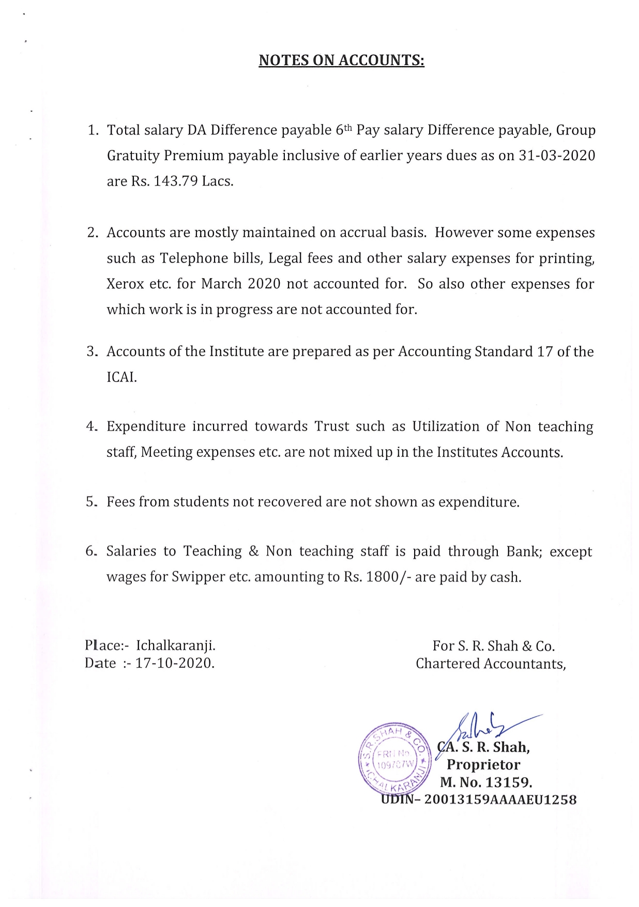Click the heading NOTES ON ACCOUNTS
pyautogui.click(x=341, y=60)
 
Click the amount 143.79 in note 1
pyautogui.click(x=176, y=181)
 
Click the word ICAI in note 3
pyautogui.click(x=121, y=377)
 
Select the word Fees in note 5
pyautogui.click(x=120, y=502)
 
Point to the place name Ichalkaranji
pyautogui.click(x=176, y=645)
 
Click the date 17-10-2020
pyautogui.click(x=175, y=663)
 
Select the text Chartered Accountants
pyautogui.click(x=491, y=664)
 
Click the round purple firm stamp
pyautogui.click(x=394, y=758)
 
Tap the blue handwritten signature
pyautogui.click(x=486, y=727)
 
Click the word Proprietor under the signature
pyautogui.click(x=483, y=764)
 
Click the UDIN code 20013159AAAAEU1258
pyautogui.click(x=500, y=800)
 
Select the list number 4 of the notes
pyautogui.click(x=91, y=426)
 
